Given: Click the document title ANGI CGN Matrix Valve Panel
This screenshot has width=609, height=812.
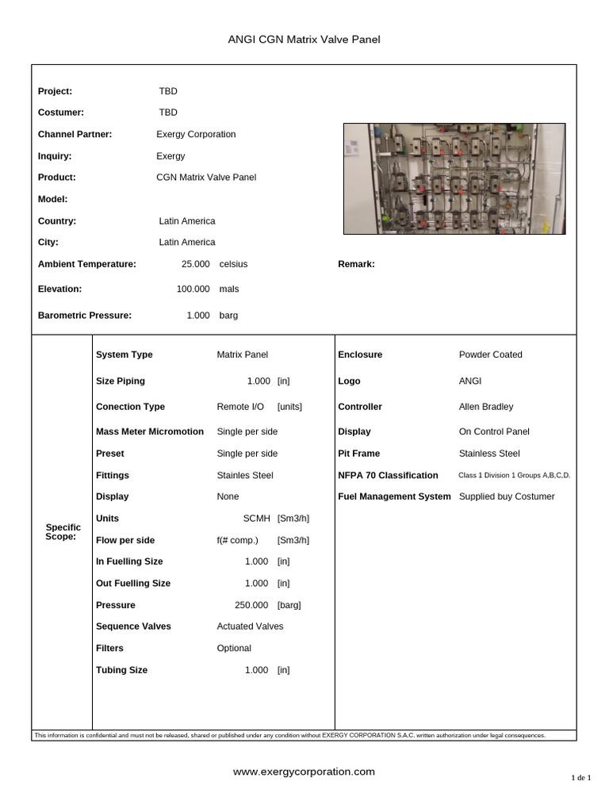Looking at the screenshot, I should (304, 40).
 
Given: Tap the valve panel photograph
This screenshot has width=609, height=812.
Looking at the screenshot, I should (454, 178).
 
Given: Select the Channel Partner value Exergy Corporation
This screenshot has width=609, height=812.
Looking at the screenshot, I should (196, 134).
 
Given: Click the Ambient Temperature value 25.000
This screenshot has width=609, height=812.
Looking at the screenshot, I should (196, 264).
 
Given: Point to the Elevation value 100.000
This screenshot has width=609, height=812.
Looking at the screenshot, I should (193, 289).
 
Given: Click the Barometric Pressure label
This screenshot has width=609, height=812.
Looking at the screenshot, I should (85, 316).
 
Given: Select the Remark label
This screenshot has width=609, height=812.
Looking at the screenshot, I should (356, 264).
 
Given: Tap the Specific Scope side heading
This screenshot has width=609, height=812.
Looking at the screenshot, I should (63, 531).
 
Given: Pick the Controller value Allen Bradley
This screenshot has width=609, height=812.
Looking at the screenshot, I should (486, 407).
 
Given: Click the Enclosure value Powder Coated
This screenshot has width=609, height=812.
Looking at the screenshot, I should (490, 354).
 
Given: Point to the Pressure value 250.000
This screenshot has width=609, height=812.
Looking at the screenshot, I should (252, 605).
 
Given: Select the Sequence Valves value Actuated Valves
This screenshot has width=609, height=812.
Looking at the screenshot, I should (250, 626).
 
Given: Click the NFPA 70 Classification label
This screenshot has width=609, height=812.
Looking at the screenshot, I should (388, 476).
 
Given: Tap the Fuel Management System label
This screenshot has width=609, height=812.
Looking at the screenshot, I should (394, 496).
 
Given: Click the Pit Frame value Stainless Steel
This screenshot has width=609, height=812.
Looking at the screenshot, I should (489, 454).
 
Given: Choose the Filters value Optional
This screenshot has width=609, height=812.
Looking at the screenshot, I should (234, 649).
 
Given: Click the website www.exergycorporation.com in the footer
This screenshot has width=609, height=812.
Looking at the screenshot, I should (304, 772).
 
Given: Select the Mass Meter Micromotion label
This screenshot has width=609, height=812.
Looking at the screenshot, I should (148, 432).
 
